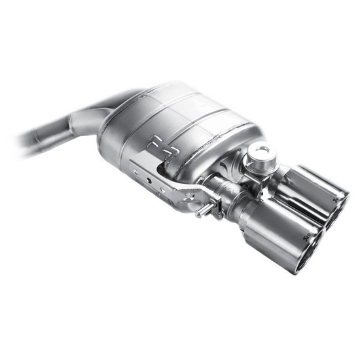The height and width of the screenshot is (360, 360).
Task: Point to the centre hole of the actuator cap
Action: pyautogui.click(x=261, y=152)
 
